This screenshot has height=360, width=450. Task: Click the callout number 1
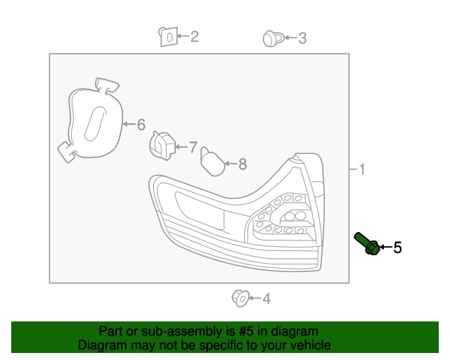pyautogui.click(x=361, y=169)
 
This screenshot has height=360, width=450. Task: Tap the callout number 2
pyautogui.click(x=194, y=36)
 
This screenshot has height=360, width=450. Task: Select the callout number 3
pyautogui.click(x=302, y=39)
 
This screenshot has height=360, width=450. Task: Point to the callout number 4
pyautogui.click(x=266, y=300)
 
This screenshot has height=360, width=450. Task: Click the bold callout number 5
pyautogui.click(x=397, y=247)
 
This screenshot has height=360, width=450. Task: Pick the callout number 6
pyautogui.click(x=141, y=124)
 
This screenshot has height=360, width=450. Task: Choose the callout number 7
pyautogui.click(x=193, y=147)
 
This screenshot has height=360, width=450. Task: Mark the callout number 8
pyautogui.click(x=242, y=165)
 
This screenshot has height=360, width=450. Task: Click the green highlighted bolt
pyautogui.click(x=367, y=243)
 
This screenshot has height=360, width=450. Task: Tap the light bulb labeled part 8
pyautogui.click(x=212, y=161)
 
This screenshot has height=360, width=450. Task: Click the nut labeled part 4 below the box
pyautogui.click(x=239, y=299)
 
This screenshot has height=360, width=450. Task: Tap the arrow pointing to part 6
pyautogui.click(x=128, y=124)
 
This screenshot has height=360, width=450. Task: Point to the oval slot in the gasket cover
pyautogui.click(x=93, y=124)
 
